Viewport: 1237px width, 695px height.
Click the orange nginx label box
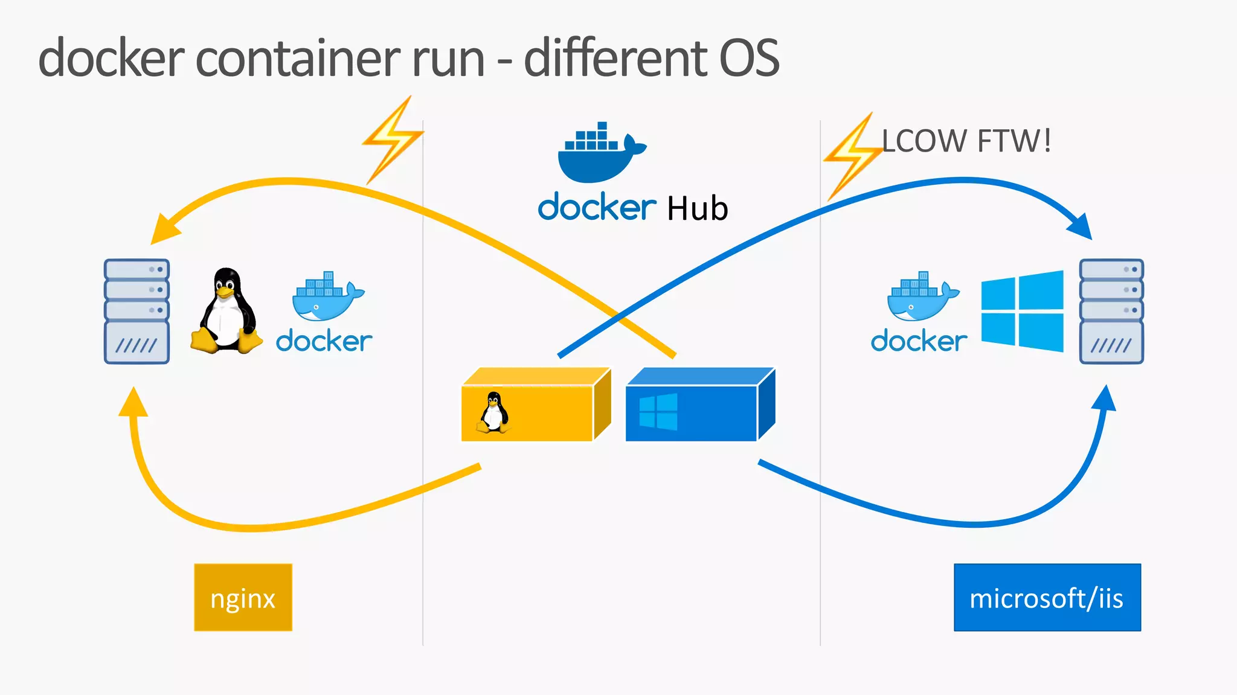point(243,598)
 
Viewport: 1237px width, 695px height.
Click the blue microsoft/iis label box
point(1047,598)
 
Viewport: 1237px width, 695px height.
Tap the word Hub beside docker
point(697,209)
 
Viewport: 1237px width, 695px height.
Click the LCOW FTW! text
point(966,141)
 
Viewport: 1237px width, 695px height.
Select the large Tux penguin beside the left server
point(227,312)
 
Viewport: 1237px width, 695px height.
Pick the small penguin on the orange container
point(494,412)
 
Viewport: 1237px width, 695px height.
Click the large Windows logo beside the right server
point(1022,311)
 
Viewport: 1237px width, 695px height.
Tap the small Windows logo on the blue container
point(658,412)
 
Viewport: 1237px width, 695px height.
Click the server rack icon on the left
point(137,312)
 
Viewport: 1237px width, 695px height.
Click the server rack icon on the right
point(1111,312)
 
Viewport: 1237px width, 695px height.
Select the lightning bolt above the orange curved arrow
point(393,140)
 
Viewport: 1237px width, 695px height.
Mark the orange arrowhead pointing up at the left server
point(133,403)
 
